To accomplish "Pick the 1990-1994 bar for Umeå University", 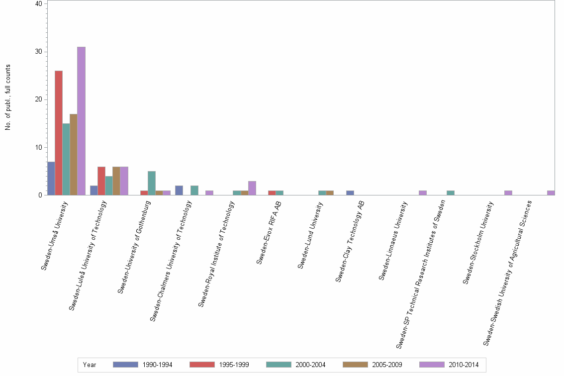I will [51, 178].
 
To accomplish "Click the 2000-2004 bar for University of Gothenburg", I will [152, 183].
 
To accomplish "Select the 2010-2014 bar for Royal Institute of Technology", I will [252, 188].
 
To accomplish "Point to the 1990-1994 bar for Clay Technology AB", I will [350, 193].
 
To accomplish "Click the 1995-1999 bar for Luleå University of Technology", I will [101, 181].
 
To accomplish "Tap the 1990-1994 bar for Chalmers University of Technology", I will [179, 190].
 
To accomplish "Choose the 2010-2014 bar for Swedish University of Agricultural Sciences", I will [551, 193].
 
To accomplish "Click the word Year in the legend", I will [90, 365].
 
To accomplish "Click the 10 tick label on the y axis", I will [39, 147].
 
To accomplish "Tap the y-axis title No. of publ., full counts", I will [8, 97].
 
